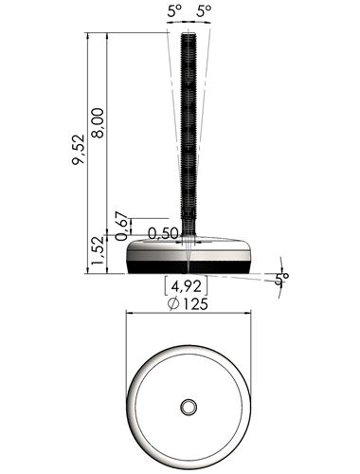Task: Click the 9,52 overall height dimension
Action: pyautogui.click(x=79, y=150)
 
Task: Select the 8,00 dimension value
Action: pyautogui.click(x=98, y=122)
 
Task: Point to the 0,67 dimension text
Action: pyautogui.click(x=122, y=226)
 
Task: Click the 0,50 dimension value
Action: pyautogui.click(x=163, y=234)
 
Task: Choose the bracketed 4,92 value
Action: pyautogui.click(x=186, y=286)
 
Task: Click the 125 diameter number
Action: pyautogui.click(x=195, y=303)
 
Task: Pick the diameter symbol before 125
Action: pyautogui.click(x=173, y=304)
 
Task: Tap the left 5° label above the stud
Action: pyautogui.click(x=174, y=11)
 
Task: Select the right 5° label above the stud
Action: pyautogui.click(x=204, y=11)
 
